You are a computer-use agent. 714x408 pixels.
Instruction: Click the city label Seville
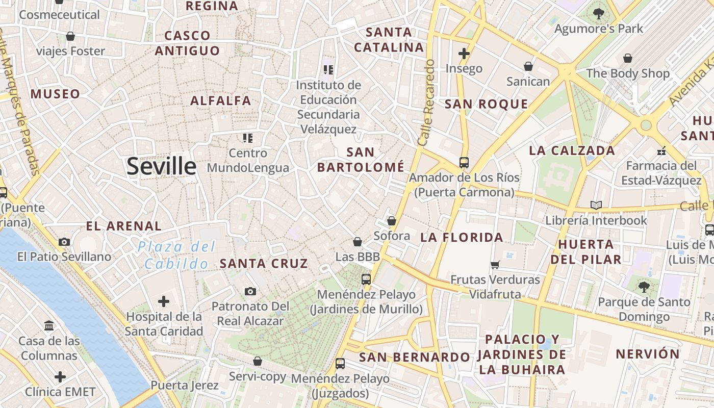(x=161, y=166)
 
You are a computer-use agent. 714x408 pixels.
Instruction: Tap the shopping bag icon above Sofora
(x=392, y=221)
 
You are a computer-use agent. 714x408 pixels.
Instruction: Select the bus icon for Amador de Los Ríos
(x=464, y=163)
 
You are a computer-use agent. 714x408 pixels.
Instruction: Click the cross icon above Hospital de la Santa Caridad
(x=164, y=301)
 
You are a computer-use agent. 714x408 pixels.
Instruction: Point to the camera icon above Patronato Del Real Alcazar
(x=250, y=291)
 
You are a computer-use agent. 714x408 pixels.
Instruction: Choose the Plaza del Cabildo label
(x=176, y=256)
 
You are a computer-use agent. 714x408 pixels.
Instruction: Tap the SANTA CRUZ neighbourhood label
(x=264, y=264)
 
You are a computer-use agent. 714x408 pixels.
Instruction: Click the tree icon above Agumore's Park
(x=599, y=14)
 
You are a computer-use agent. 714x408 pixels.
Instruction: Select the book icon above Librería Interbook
(x=596, y=206)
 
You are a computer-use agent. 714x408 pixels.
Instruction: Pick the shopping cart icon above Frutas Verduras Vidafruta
(x=495, y=265)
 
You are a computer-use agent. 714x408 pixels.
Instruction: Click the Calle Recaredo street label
(x=426, y=102)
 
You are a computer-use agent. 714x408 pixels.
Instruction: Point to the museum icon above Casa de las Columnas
(x=49, y=325)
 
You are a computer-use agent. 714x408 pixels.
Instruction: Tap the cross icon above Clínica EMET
(x=60, y=377)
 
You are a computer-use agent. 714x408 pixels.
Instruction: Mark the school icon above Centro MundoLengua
(x=248, y=138)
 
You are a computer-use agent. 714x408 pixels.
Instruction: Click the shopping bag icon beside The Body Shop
(x=627, y=58)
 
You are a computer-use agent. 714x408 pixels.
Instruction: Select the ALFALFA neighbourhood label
(x=221, y=101)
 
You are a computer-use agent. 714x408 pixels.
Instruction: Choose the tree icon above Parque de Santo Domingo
(x=644, y=287)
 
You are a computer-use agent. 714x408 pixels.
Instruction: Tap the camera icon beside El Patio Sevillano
(x=64, y=242)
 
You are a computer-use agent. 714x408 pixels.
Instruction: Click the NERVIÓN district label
(x=648, y=354)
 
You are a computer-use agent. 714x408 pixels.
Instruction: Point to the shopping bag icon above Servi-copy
(x=258, y=361)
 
